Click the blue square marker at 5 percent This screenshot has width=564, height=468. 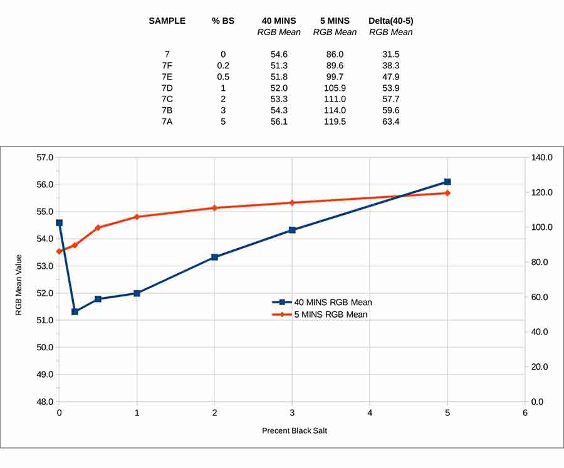(x=447, y=182)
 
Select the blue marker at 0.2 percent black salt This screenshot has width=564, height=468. (x=75, y=311)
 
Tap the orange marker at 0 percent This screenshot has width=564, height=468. (x=60, y=251)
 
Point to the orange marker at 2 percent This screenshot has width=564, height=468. (x=214, y=207)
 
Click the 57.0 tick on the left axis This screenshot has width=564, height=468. (x=44, y=157)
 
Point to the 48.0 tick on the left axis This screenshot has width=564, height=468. (x=44, y=402)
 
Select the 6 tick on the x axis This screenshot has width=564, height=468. (x=525, y=412)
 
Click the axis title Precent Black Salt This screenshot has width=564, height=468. (x=295, y=430)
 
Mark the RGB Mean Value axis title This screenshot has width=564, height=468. (x=19, y=284)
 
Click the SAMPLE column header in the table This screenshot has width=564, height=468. (x=167, y=21)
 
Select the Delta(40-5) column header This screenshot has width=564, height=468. (x=390, y=21)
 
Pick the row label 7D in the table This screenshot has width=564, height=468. (x=167, y=88)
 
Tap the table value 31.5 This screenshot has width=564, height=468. (x=390, y=55)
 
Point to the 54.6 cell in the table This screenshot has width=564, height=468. (x=278, y=55)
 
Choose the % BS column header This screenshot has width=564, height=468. (x=223, y=21)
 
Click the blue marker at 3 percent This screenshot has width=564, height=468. (x=292, y=230)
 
